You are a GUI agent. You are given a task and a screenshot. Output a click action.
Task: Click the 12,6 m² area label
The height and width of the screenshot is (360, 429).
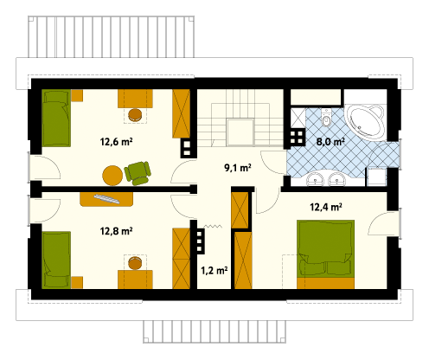coord(116,142)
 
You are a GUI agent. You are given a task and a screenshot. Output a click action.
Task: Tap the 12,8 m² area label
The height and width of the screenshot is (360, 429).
coord(116,231)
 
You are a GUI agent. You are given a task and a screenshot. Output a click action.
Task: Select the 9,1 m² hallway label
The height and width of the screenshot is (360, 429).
coord(238,168)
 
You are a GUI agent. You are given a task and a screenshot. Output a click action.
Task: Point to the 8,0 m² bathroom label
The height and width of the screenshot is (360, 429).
coord(330,142)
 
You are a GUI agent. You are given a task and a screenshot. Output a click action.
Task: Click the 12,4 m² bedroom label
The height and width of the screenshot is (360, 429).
coord(326,207)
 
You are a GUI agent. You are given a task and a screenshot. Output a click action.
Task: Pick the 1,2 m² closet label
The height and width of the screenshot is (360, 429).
coord(214,271)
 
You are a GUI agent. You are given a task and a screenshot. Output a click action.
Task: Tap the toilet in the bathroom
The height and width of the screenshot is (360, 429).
coord(326,118)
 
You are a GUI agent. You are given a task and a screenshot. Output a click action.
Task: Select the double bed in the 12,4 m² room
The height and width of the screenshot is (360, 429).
coord(325,254)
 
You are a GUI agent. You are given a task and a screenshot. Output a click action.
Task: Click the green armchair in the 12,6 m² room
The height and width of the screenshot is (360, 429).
coord(138,173)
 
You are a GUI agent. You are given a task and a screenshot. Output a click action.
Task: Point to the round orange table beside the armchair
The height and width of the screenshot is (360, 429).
coord(112,175)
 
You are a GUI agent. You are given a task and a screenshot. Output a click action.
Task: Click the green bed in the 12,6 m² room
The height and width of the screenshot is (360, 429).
coord(56,118)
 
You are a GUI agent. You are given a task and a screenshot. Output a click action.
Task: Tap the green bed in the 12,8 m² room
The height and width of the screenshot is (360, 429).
coord(56,260)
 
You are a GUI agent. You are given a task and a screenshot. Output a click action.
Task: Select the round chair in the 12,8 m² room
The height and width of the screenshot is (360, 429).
coord(135,263)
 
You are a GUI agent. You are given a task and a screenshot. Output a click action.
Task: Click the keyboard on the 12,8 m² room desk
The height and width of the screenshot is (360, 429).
coord(106,199)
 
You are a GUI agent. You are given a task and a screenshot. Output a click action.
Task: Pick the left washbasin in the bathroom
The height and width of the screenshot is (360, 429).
coord(315,179)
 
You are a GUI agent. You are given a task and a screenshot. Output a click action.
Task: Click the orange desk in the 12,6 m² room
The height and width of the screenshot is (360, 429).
coord(135,99)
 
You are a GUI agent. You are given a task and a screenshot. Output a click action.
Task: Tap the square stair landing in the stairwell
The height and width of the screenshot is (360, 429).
coord(240,132)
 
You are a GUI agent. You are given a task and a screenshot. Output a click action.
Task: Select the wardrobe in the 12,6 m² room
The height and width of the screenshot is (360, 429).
coord(181,113)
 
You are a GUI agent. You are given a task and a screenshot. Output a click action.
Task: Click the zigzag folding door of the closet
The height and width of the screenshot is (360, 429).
coord(213,227)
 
